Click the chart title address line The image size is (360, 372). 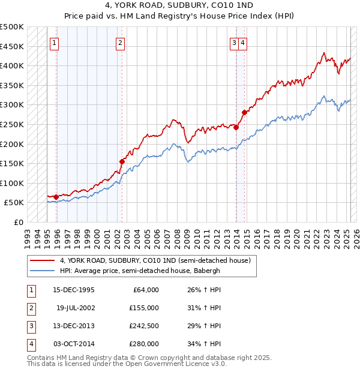click(180, 6)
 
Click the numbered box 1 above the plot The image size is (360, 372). click(54, 43)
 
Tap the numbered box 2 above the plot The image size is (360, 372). click(120, 43)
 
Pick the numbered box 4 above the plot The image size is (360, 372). click(242, 43)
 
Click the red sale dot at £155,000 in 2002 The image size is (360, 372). click(122, 161)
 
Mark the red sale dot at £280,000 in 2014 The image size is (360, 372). click(244, 112)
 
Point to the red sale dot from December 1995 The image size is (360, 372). click(56, 197)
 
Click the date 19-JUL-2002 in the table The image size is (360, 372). click(75, 308)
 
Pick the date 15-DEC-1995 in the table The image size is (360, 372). click(74, 290)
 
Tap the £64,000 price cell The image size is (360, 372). click(144, 290)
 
